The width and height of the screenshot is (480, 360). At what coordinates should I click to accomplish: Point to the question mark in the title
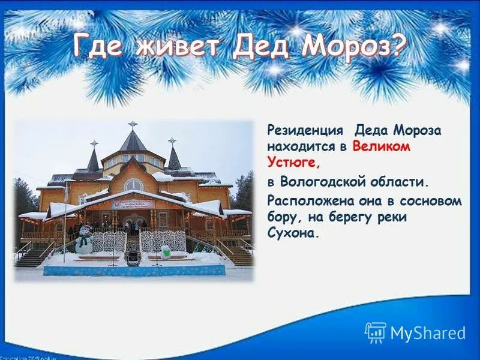click(x=397, y=44)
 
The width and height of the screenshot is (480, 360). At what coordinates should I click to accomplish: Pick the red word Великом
click(x=382, y=146)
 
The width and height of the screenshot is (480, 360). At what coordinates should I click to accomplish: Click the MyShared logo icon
click(x=376, y=332)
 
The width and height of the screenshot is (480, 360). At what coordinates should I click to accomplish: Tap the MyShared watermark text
click(x=427, y=333)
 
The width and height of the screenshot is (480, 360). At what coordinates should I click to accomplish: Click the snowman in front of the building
click(x=85, y=240)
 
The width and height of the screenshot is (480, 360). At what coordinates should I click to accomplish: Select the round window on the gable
click(x=133, y=185)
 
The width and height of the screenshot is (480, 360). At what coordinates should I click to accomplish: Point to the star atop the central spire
click(x=133, y=124)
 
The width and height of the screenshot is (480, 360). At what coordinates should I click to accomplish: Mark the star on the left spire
click(x=94, y=143)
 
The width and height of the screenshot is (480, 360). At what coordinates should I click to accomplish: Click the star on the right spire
click(x=172, y=141)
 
